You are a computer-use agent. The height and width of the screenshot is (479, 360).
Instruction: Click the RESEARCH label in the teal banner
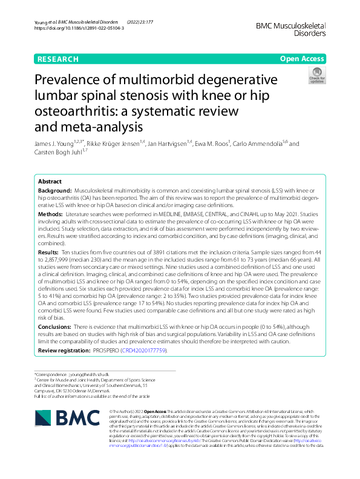[57, 59]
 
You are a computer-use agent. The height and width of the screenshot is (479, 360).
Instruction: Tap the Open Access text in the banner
[301, 59]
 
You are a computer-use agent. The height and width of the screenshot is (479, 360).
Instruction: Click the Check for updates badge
[316, 76]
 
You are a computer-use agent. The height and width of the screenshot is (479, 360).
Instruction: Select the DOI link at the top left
[79, 28]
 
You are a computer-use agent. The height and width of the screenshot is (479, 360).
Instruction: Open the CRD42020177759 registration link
[143, 351]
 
